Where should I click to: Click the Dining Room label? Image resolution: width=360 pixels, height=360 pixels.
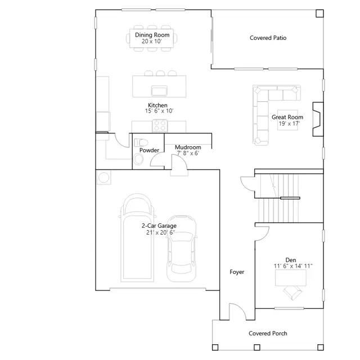(152, 35)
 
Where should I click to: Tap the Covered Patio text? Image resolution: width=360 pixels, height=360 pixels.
(268, 38)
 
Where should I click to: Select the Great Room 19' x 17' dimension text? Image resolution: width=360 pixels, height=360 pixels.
(289, 124)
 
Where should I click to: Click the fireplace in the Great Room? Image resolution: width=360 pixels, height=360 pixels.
(318, 119)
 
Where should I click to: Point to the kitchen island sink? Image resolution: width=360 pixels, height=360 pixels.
(159, 91)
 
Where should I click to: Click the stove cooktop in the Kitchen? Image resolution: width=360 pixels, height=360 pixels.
(160, 126)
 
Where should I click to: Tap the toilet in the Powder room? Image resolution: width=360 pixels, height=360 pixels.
(141, 142)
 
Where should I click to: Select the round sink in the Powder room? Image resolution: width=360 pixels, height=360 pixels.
(138, 159)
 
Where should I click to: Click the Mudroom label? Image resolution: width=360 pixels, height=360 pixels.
(188, 147)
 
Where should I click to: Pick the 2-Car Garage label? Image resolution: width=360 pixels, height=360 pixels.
(159, 226)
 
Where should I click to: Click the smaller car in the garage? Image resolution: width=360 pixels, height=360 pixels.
(181, 249)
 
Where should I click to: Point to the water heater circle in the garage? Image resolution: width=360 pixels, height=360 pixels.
(103, 178)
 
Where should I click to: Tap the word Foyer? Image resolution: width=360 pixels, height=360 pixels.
(237, 272)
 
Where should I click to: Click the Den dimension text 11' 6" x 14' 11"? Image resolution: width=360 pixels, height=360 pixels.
(293, 266)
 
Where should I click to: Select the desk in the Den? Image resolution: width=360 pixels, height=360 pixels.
(291, 278)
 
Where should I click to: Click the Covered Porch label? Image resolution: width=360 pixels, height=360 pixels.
(268, 334)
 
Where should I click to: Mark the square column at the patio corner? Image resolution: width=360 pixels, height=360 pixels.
(319, 13)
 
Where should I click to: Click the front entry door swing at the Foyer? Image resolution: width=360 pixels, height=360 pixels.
(238, 310)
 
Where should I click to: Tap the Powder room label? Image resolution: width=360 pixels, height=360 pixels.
(149, 150)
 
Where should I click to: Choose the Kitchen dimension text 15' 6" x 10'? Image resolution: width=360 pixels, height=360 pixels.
(159, 111)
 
